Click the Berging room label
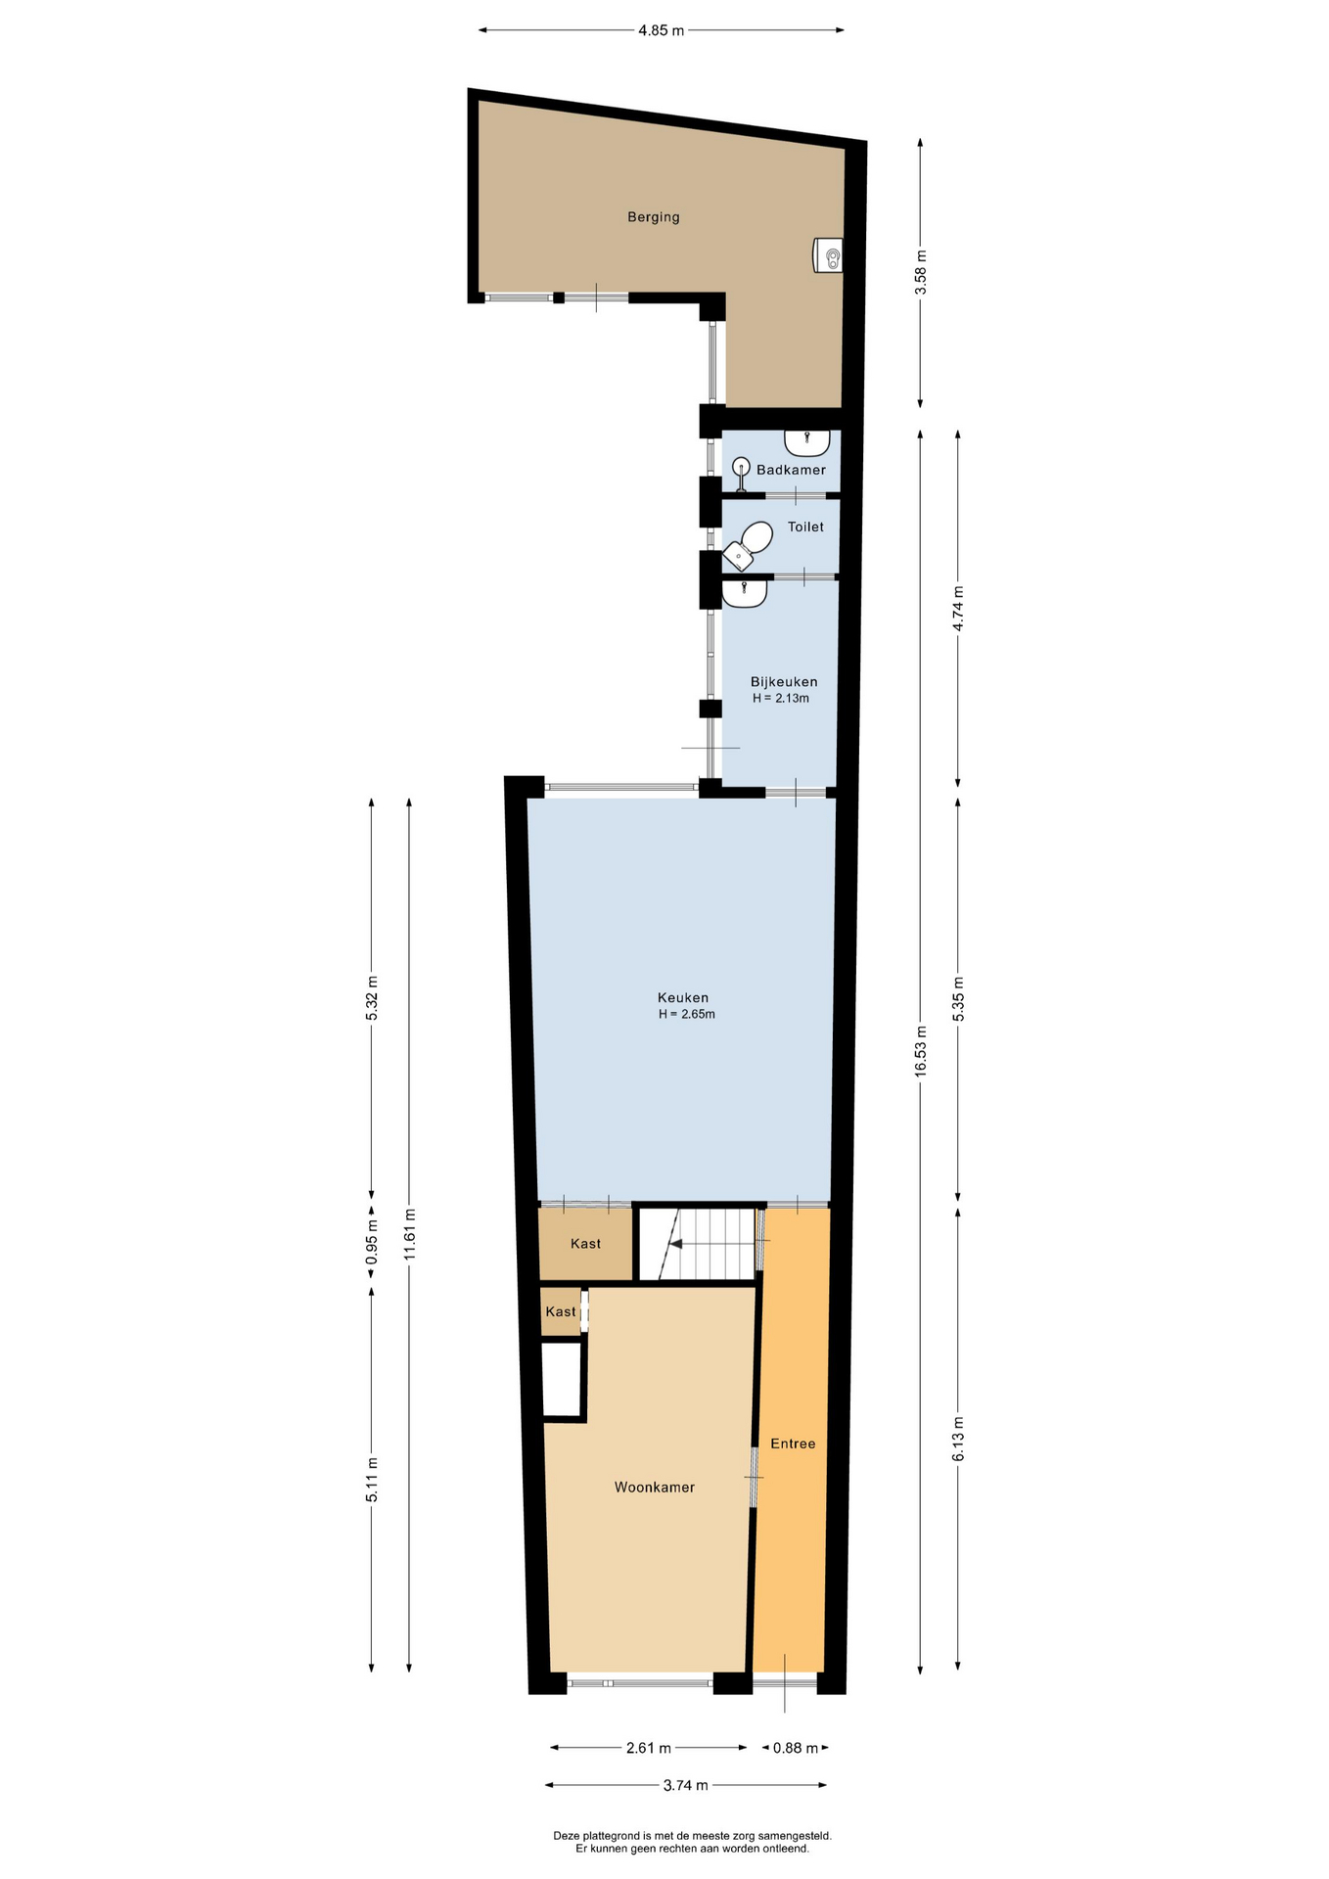(x=653, y=217)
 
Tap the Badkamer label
(x=791, y=470)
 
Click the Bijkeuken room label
(x=784, y=682)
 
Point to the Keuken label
(x=683, y=998)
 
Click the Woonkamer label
(x=655, y=1488)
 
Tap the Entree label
(x=793, y=1444)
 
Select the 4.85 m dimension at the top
(x=661, y=30)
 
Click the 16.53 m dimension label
(x=921, y=1051)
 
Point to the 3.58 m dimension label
(x=921, y=272)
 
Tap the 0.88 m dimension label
(x=796, y=1748)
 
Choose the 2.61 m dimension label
(x=649, y=1748)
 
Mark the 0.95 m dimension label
(x=372, y=1242)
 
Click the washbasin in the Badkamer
(x=807, y=442)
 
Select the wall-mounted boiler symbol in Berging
(x=828, y=255)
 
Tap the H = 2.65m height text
(x=687, y=1015)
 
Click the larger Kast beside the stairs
(x=585, y=1245)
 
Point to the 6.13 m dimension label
(x=958, y=1439)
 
